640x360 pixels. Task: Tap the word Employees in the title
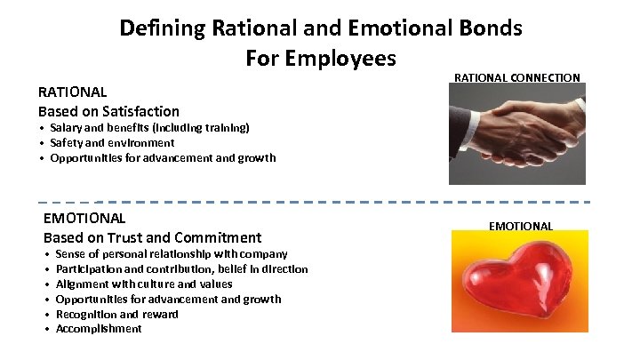coord(339,59)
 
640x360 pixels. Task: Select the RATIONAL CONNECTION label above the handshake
coord(517,78)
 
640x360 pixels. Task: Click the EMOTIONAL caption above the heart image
coord(521,226)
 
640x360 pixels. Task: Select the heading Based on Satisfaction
coord(108,111)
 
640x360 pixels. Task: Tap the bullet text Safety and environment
coord(112,142)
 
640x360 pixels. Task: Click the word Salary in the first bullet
coord(68,128)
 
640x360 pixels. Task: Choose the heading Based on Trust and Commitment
coord(152,237)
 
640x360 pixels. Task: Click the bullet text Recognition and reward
coord(116,314)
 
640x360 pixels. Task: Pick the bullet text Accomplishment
coord(99,329)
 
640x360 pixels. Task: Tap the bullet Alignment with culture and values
coord(144,284)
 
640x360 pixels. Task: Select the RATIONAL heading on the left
coord(72,92)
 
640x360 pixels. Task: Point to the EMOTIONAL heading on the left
coord(84,218)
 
